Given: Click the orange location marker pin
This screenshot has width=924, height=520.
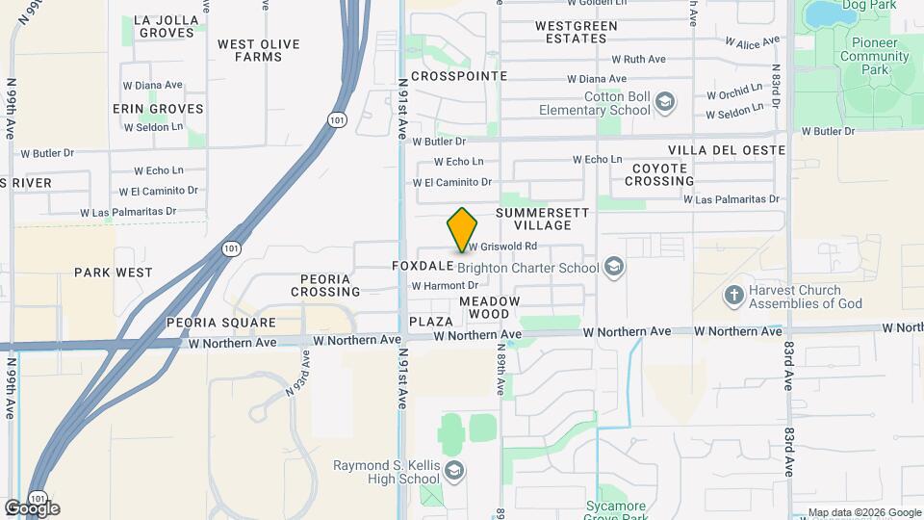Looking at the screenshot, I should pyautogui.click(x=462, y=229).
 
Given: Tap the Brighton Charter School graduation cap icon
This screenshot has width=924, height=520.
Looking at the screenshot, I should pyautogui.click(x=613, y=267).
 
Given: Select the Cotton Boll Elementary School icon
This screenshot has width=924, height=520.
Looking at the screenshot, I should pyautogui.click(x=665, y=102).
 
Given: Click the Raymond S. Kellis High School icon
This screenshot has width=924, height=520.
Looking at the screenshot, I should pyautogui.click(x=453, y=471).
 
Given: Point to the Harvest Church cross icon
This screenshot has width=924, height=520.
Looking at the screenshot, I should pyautogui.click(x=734, y=295).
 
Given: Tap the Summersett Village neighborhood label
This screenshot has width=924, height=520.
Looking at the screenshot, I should pyautogui.click(x=535, y=218).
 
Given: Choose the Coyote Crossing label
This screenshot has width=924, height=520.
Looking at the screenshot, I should pyautogui.click(x=662, y=174).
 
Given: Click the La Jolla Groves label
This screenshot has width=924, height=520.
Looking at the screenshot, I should pyautogui.click(x=167, y=26).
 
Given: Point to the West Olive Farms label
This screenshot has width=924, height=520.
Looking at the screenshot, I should pyautogui.click(x=258, y=50).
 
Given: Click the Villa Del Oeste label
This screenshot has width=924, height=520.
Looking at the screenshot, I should pyautogui.click(x=727, y=150).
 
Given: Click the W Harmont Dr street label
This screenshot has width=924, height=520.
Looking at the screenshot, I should pyautogui.click(x=445, y=286).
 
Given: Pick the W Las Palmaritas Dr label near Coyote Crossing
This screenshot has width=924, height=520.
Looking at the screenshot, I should pyautogui.click(x=731, y=199).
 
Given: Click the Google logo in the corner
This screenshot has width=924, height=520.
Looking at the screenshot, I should pyautogui.click(x=33, y=508).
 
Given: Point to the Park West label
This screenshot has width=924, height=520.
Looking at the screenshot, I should pyautogui.click(x=113, y=273).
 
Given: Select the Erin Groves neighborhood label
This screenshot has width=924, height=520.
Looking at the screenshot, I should pyautogui.click(x=158, y=109).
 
